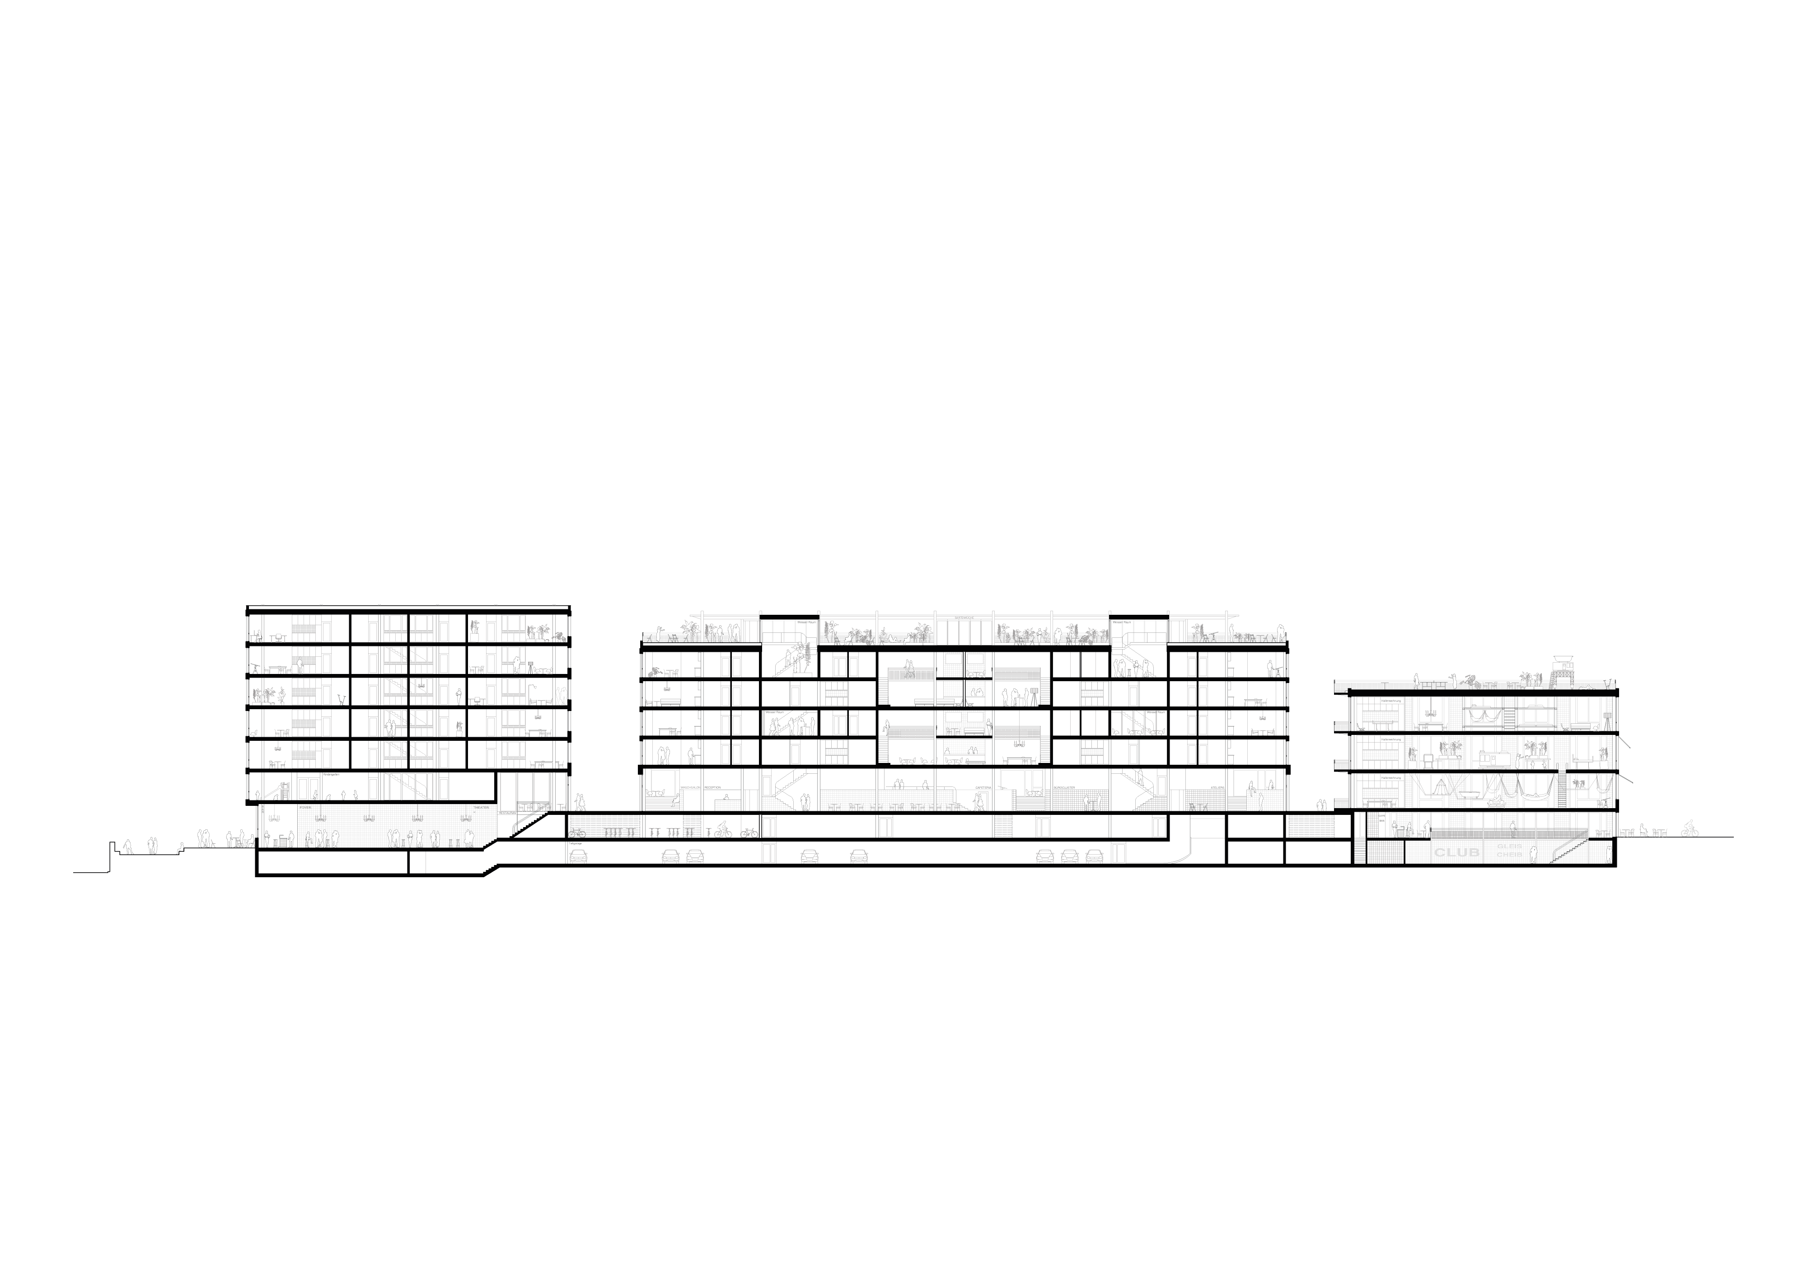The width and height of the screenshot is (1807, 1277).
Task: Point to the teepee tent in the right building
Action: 1438,788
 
